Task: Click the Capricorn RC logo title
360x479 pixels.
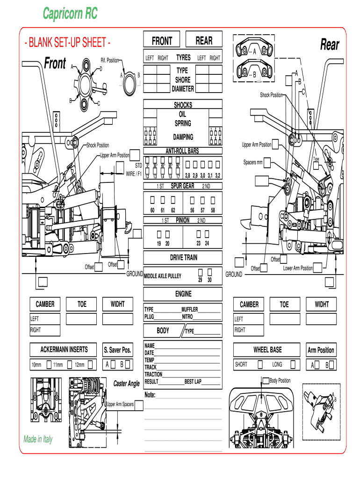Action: pyautogui.click(x=70, y=14)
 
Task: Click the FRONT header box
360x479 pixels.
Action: pyautogui.click(x=162, y=41)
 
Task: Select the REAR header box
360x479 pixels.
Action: pyautogui.click(x=204, y=41)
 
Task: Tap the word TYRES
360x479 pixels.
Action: pyautogui.click(x=183, y=58)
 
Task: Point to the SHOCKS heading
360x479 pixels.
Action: pyautogui.click(x=183, y=105)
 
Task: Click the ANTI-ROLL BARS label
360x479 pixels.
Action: pyautogui.click(x=182, y=152)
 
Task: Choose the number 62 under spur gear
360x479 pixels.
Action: pyautogui.click(x=173, y=210)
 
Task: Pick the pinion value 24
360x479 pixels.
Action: pyautogui.click(x=207, y=243)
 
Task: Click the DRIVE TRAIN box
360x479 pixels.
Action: pyautogui.click(x=183, y=258)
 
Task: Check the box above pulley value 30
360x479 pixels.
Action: pyautogui.click(x=209, y=272)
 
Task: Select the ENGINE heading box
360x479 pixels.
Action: pyautogui.click(x=183, y=294)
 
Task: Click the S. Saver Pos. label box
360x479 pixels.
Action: pyautogui.click(x=118, y=350)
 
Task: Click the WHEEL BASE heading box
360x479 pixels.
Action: pyautogui.click(x=267, y=349)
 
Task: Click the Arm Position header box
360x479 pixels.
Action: pyautogui.click(x=321, y=350)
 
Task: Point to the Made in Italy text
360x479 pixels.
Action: pyautogui.click(x=38, y=439)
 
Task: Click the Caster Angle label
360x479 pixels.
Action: pyautogui.click(x=126, y=384)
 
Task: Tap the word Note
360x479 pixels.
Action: pyautogui.click(x=150, y=395)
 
